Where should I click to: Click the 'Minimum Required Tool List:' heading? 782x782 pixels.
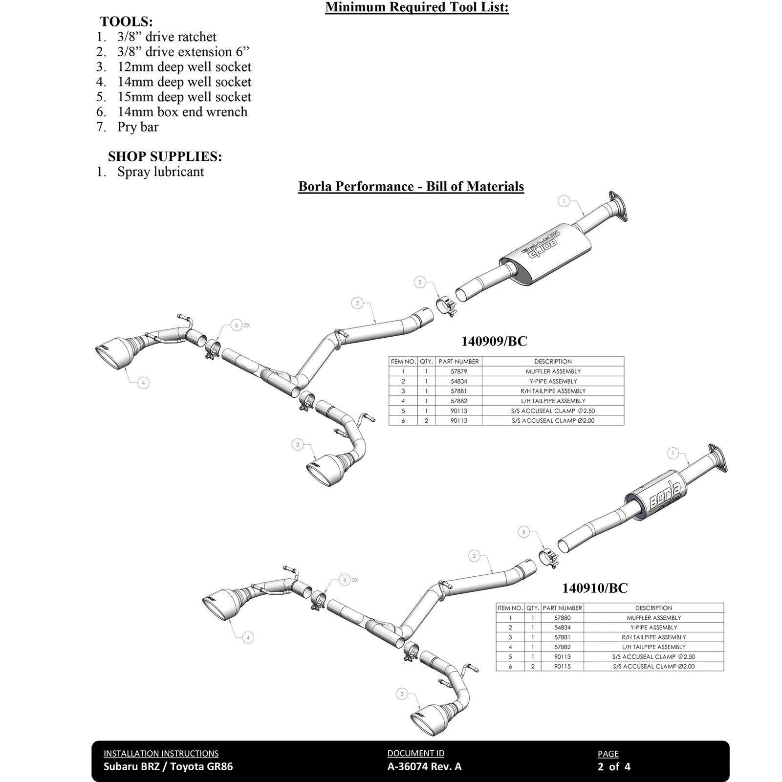pyautogui.click(x=417, y=7)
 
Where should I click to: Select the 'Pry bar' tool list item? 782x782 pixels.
pyautogui.click(x=138, y=127)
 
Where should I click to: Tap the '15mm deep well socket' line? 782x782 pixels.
pyautogui.click(x=184, y=97)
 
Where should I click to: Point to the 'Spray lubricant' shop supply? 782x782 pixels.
pyautogui.click(x=160, y=172)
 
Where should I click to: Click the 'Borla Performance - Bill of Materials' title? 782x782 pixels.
pyautogui.click(x=411, y=186)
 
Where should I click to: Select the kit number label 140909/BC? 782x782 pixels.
pyautogui.click(x=494, y=341)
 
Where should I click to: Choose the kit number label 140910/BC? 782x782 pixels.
pyautogui.click(x=594, y=588)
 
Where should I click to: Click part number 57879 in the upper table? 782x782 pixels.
pyautogui.click(x=458, y=371)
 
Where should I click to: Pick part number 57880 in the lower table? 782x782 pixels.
pyautogui.click(x=562, y=618)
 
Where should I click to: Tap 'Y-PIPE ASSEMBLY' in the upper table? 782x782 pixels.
pyautogui.click(x=553, y=381)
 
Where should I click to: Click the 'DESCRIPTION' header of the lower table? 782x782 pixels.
pyautogui.click(x=653, y=608)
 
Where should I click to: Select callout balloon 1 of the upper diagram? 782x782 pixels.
pyautogui.click(x=564, y=201)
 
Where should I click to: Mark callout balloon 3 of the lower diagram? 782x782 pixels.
pyautogui.click(x=402, y=694)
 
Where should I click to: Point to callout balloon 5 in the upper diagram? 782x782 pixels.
pyautogui.click(x=420, y=282)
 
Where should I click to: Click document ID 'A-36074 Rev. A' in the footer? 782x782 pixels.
pyautogui.click(x=424, y=766)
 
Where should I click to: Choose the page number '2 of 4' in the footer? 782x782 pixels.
pyautogui.click(x=614, y=766)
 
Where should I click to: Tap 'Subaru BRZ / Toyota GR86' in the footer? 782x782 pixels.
pyautogui.click(x=168, y=766)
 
